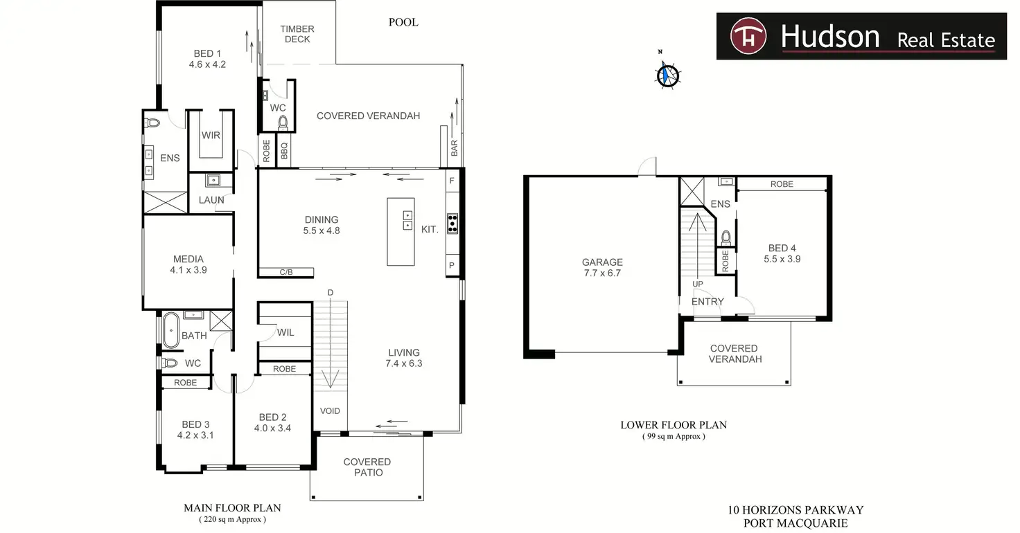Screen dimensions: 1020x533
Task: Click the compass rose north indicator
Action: tap(667, 73)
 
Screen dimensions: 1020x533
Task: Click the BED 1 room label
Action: tap(207, 54)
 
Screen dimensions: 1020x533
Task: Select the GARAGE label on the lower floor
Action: tap(602, 262)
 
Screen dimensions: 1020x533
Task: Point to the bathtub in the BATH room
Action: tap(170, 331)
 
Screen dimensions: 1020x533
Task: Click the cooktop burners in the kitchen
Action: tap(452, 222)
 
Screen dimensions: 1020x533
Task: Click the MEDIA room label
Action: tap(188, 260)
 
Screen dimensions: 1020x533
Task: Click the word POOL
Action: tap(403, 22)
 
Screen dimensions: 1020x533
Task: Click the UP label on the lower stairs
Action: tap(698, 284)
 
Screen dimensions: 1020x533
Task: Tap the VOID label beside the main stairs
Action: tap(330, 411)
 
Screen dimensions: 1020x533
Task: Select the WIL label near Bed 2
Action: tap(285, 333)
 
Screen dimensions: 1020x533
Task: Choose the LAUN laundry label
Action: tap(211, 200)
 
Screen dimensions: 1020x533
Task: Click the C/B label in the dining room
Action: tap(286, 273)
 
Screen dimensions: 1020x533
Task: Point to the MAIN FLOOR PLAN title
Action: tap(232, 508)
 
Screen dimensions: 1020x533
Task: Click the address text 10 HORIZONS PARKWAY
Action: tap(795, 510)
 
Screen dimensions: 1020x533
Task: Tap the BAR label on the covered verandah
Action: tap(455, 147)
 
